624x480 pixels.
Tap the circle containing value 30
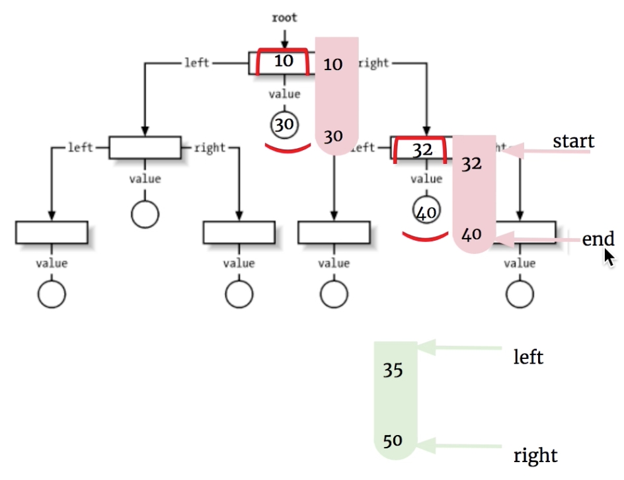[x=284, y=124]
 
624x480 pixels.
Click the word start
[x=573, y=141]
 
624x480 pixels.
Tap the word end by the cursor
[x=598, y=239]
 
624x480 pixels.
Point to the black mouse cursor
[x=609, y=257]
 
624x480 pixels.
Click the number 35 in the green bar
[x=393, y=370]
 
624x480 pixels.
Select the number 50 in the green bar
[x=393, y=440]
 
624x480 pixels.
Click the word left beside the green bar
[x=528, y=358]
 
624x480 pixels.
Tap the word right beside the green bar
[x=535, y=456]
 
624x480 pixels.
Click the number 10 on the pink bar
[x=333, y=64]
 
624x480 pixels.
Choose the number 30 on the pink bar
[x=333, y=136]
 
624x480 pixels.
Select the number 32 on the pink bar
[x=471, y=164]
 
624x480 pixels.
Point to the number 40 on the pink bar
[x=471, y=233]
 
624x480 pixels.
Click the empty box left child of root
[x=145, y=147]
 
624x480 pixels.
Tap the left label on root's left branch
[x=196, y=63]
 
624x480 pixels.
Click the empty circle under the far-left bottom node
[x=52, y=294]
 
